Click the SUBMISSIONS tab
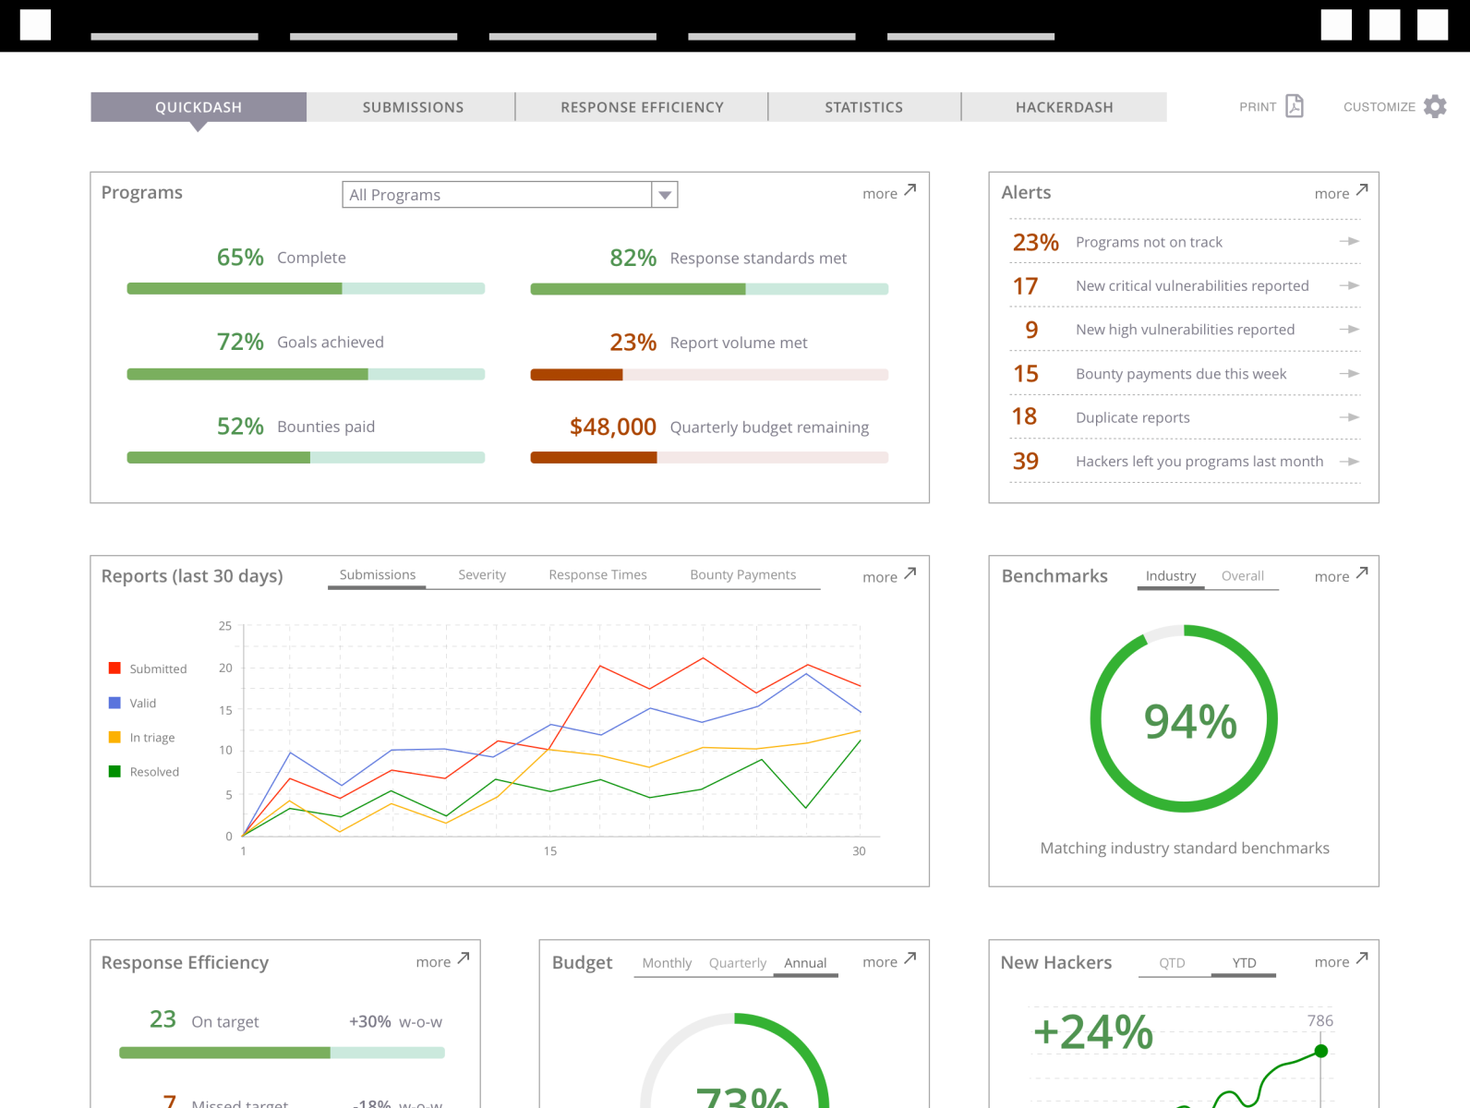[x=413, y=107]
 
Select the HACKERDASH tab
[x=1064, y=107]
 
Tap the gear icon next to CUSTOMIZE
[x=1435, y=106]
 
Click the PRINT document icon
[x=1295, y=106]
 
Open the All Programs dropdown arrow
[x=665, y=195]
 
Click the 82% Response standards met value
[x=633, y=258]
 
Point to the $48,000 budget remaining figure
[x=612, y=427]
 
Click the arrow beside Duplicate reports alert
[x=1349, y=417]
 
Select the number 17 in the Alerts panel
[x=1025, y=286]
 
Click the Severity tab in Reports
[x=482, y=574]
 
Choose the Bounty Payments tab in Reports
[x=742, y=574]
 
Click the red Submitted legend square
[x=114, y=668]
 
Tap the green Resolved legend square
[x=114, y=771]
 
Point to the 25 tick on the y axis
[x=225, y=626]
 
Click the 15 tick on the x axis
[x=550, y=851]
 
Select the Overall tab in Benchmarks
[x=1242, y=576]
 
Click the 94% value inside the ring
[x=1189, y=721]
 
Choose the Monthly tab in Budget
[x=667, y=963]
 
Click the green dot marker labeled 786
[x=1321, y=1051]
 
